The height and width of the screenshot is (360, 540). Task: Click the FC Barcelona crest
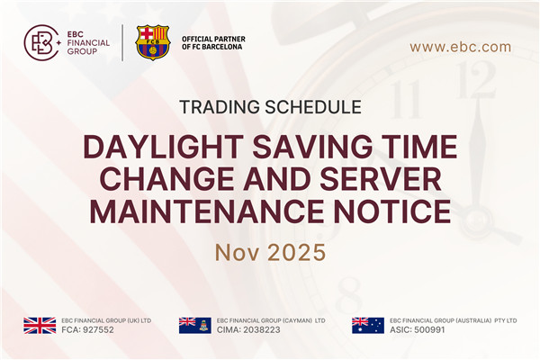click(152, 42)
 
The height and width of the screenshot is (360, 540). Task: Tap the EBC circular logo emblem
click(41, 42)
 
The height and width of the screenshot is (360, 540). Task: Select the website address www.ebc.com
click(460, 47)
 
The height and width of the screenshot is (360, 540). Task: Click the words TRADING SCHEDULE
click(270, 106)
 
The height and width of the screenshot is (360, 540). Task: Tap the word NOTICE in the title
click(392, 212)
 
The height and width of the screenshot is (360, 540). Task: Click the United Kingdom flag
click(40, 326)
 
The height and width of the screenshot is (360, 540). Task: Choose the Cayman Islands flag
click(194, 326)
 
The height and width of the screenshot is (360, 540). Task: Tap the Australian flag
click(367, 326)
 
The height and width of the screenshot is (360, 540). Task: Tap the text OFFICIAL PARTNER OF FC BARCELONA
click(213, 43)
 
